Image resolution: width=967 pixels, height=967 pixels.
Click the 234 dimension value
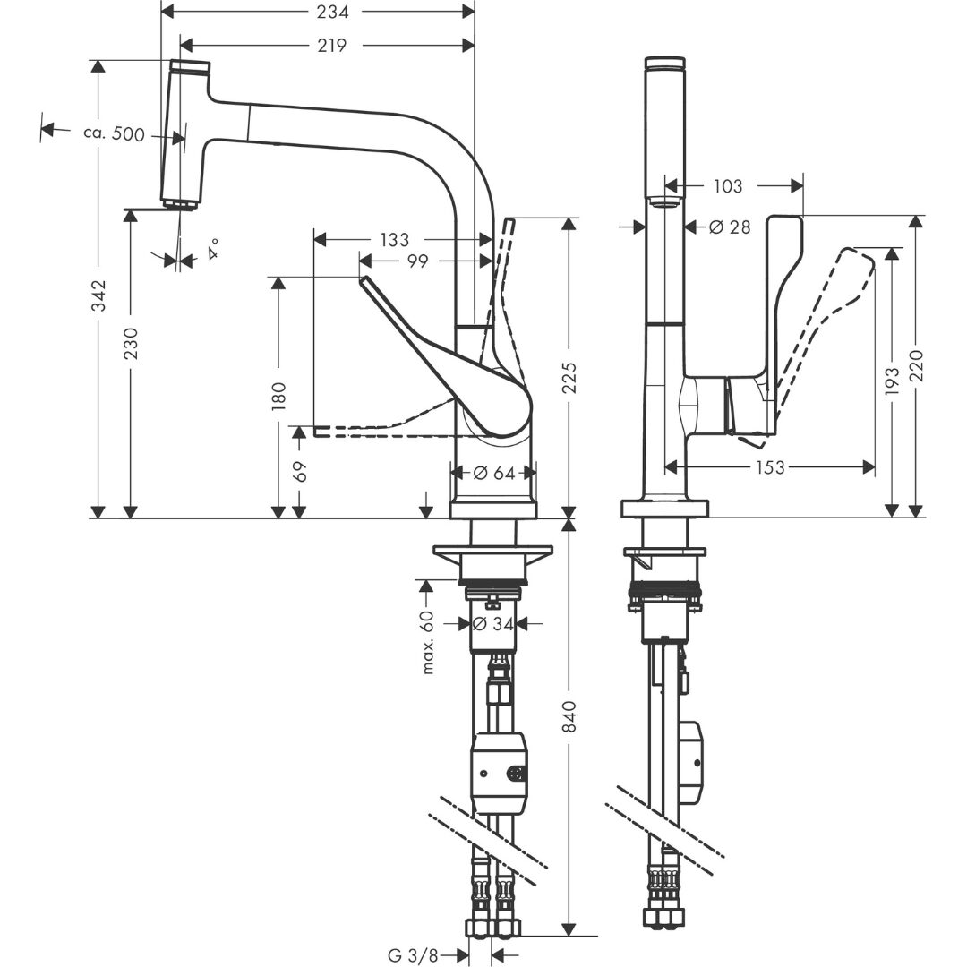click(x=331, y=12)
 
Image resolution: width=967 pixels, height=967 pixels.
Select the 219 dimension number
click(x=331, y=45)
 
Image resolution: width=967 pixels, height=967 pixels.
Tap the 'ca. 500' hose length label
click(x=113, y=133)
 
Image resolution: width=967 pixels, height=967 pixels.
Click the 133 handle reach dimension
click(x=394, y=240)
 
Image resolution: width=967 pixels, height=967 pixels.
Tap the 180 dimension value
click(x=278, y=396)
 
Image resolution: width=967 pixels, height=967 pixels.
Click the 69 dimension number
click(x=301, y=470)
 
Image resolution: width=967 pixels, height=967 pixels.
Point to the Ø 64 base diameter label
click(x=493, y=473)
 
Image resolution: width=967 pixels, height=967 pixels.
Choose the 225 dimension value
click(x=569, y=379)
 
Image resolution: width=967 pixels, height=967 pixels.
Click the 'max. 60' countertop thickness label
click(x=428, y=641)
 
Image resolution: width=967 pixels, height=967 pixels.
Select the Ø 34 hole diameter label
click(x=492, y=623)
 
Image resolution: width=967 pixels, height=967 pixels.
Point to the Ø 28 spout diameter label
click(x=729, y=227)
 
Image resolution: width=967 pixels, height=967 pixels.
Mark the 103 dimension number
click(x=729, y=186)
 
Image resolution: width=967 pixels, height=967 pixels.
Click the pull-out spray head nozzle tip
click(x=180, y=206)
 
